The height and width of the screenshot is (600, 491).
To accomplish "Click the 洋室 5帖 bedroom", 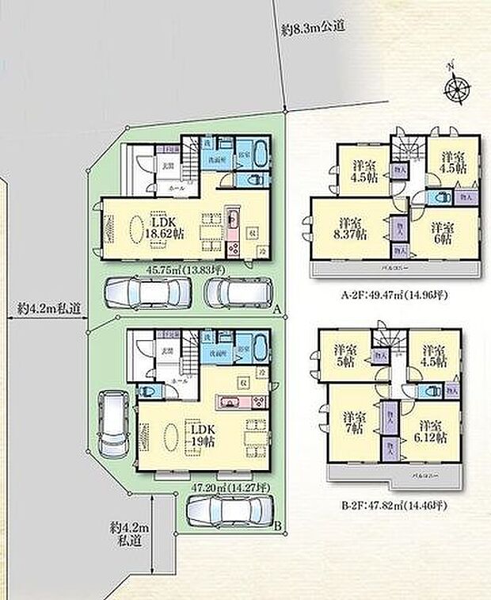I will pos(343,354).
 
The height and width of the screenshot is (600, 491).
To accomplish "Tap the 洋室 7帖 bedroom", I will pos(352,422).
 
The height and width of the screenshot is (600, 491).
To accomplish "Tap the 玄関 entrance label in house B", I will pos(168,350).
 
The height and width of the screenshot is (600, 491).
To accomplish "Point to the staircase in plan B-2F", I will pos(383,341).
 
